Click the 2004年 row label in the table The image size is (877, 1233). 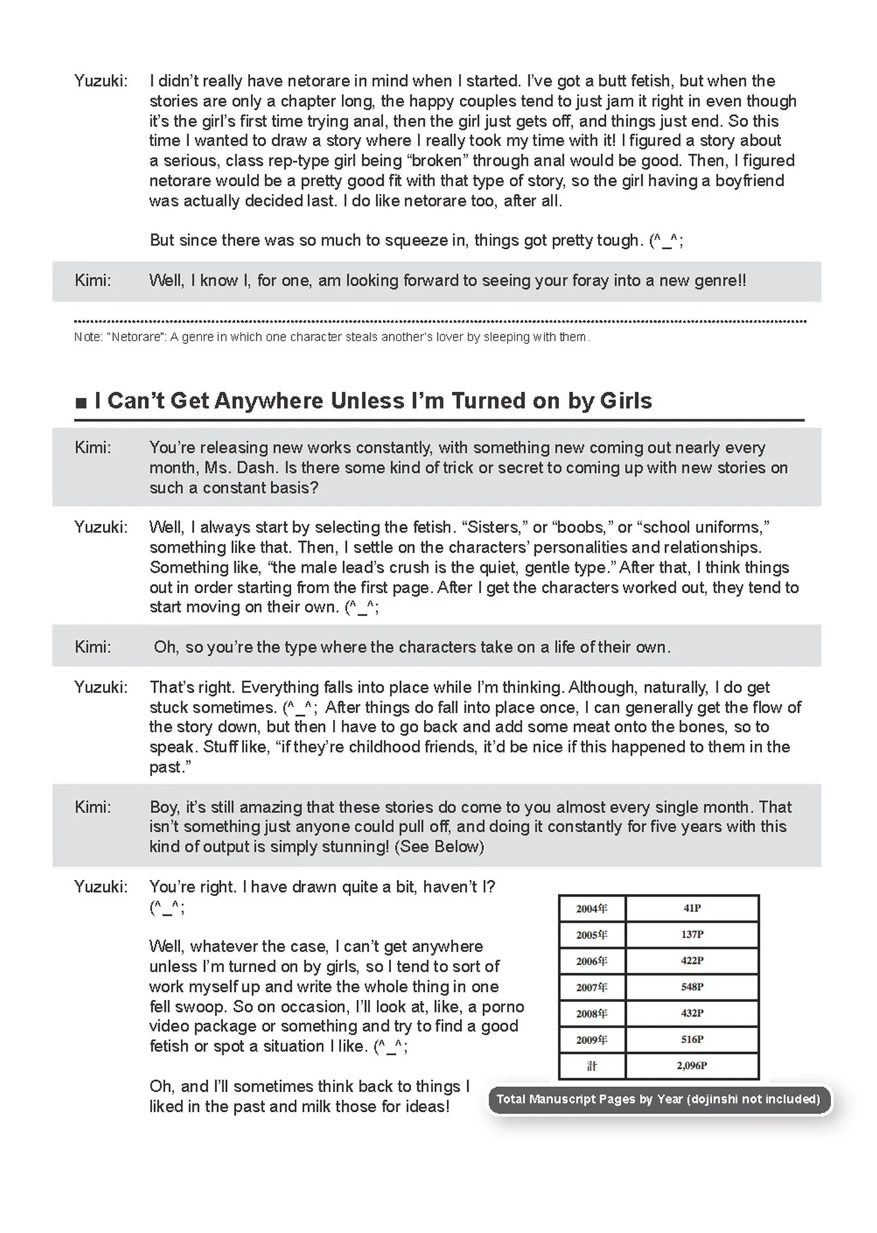(591, 908)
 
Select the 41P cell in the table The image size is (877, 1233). (692, 908)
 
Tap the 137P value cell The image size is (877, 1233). (692, 934)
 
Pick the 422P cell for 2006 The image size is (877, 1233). (692, 960)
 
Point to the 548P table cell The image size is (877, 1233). (692, 987)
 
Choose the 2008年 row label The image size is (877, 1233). (591, 1013)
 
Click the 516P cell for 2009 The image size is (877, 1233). (692, 1039)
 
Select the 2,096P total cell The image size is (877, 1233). (692, 1066)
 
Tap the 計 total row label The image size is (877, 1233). (592, 1066)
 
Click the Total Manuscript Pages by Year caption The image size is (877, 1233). (658, 1099)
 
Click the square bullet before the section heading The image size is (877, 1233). (81, 402)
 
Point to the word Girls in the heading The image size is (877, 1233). (626, 401)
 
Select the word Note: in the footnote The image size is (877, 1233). (86, 337)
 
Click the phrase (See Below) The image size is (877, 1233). (439, 847)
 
